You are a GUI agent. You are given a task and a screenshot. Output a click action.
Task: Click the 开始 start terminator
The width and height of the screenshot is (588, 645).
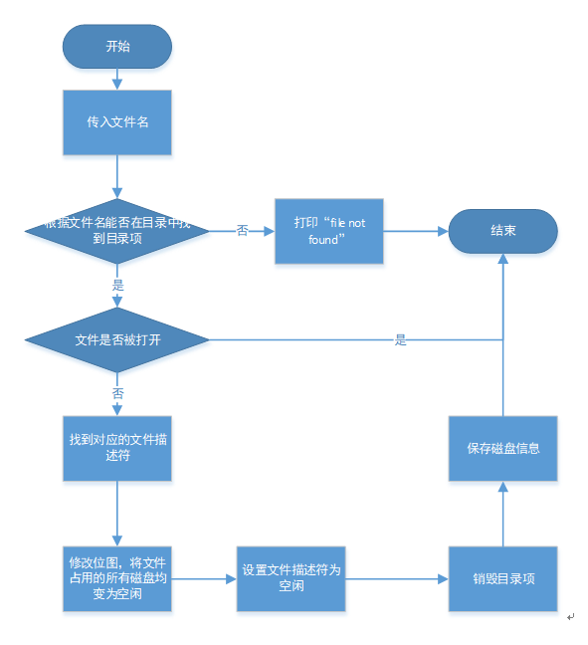[117, 47]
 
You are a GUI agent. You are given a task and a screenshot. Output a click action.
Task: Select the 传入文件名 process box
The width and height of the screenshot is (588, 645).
[117, 123]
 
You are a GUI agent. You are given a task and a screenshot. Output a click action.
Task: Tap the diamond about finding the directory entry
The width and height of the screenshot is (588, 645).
[117, 231]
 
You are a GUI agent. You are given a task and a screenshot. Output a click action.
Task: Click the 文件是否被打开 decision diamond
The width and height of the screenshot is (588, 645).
[117, 339]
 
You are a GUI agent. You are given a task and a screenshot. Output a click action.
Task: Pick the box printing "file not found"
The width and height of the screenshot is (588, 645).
[329, 231]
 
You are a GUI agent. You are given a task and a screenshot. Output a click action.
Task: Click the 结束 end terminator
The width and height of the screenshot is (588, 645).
[502, 231]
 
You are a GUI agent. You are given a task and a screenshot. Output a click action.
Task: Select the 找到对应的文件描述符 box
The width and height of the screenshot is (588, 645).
[117, 447]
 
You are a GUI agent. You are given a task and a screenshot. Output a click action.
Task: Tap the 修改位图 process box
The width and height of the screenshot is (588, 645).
[117, 578]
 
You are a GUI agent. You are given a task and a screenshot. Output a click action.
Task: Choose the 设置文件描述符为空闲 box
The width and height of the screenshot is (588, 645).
[291, 578]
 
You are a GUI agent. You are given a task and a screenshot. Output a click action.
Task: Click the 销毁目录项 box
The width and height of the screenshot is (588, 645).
[501, 578]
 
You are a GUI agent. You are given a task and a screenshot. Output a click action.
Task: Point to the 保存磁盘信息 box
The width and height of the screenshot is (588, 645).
[502, 448]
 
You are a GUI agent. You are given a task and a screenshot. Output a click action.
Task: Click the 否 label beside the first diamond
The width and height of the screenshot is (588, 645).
[243, 231]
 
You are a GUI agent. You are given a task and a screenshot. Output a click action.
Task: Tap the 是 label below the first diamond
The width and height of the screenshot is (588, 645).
[118, 285]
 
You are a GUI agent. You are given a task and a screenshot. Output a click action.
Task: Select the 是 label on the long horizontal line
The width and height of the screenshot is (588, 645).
[401, 339]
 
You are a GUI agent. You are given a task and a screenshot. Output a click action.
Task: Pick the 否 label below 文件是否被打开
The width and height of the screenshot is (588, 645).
[118, 394]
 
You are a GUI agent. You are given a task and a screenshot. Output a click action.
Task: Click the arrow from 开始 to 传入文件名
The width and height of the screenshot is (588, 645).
[117, 79]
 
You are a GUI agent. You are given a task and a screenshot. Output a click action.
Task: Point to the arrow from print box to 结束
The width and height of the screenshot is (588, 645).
[415, 231]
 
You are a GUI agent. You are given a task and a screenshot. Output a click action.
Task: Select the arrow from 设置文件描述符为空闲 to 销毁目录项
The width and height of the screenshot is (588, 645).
[396, 578]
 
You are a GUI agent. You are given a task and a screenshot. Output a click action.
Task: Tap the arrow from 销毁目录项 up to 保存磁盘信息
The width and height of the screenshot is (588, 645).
[502, 514]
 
